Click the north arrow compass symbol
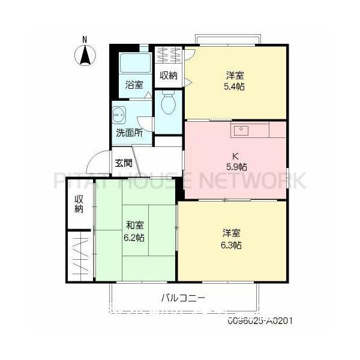(x=85, y=56)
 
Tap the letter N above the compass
(x=85, y=40)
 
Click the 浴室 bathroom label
(x=134, y=85)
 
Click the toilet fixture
(x=168, y=104)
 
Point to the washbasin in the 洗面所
(x=119, y=113)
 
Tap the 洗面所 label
(x=129, y=133)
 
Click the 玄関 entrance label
(x=124, y=163)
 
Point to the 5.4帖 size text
(x=235, y=86)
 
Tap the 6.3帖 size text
(x=232, y=245)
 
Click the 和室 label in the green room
(x=134, y=226)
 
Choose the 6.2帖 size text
(x=134, y=238)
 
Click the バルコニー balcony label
(x=184, y=297)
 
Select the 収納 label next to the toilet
(x=169, y=76)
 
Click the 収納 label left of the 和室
(x=79, y=204)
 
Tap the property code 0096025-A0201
(x=260, y=321)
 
